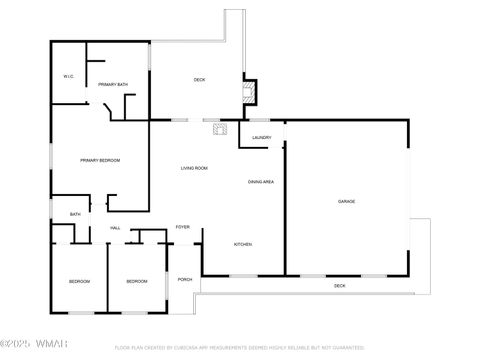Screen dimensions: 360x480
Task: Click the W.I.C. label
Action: [x=68, y=76]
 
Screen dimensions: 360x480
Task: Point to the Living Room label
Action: [x=194, y=167]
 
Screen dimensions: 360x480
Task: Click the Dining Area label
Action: [x=261, y=181]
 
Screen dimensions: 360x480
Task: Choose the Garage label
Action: [x=346, y=202]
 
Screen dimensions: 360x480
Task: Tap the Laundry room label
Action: [x=262, y=138]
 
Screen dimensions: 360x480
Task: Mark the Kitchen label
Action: [x=243, y=244]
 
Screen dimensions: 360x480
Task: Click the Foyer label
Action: [x=183, y=227]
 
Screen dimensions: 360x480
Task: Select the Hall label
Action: [x=116, y=228]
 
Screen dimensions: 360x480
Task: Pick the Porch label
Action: [x=185, y=280]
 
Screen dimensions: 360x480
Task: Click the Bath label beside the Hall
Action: [x=75, y=214]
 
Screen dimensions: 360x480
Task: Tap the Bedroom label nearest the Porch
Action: [x=137, y=282]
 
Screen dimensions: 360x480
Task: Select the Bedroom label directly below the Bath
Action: [x=80, y=282]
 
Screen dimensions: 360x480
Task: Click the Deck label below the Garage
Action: [x=340, y=286]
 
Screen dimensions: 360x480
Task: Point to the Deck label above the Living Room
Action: [x=199, y=79]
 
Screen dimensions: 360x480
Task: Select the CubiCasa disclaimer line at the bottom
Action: [x=239, y=348]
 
